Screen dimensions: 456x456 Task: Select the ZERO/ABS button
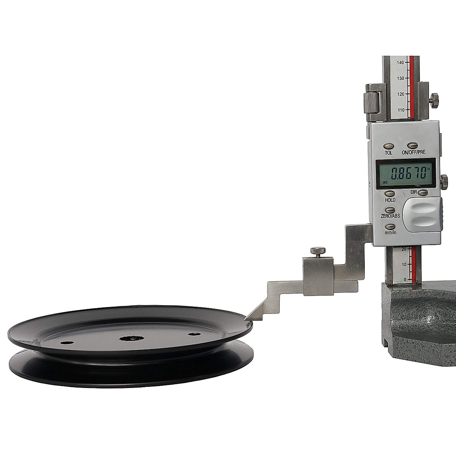[x=389, y=210]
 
